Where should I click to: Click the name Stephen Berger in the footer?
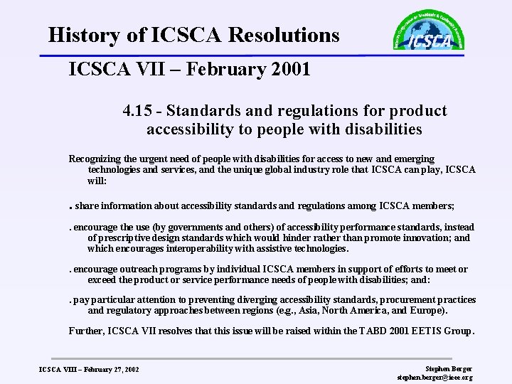click(448, 369)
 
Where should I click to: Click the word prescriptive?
click(124, 238)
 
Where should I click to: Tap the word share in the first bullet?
click(86, 206)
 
